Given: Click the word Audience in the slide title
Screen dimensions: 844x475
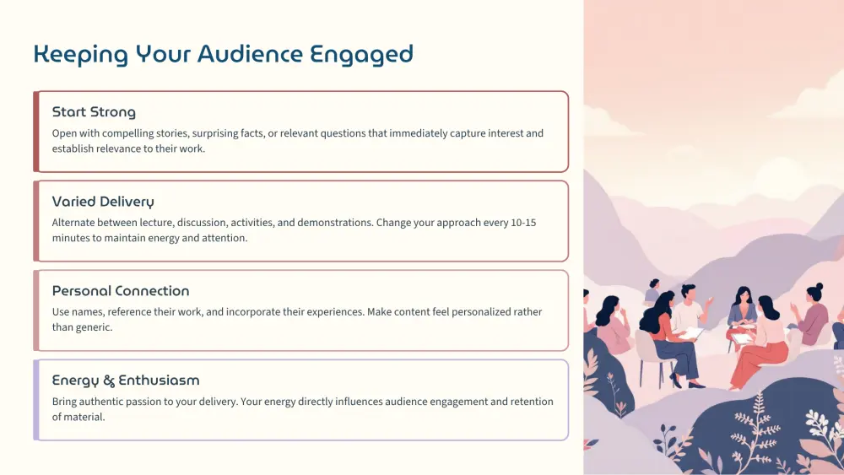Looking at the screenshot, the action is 250,54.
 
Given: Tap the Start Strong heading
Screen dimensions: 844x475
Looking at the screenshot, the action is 94,112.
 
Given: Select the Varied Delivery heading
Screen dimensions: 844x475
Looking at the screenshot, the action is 103,202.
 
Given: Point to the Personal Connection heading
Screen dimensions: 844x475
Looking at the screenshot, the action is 121,291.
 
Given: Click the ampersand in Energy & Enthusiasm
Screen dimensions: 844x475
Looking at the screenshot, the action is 109,381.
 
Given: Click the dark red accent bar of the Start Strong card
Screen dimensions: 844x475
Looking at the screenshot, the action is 36,132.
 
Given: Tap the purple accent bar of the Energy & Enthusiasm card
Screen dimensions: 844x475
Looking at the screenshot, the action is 36,400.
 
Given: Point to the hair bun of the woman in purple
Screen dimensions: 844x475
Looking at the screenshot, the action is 819,287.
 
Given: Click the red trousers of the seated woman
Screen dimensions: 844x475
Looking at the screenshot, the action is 759,360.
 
